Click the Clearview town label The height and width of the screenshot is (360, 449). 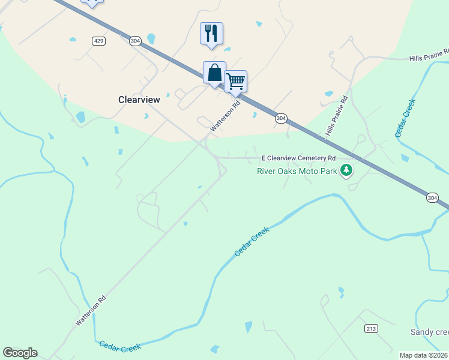click(139, 100)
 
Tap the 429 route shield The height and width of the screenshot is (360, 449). click(99, 40)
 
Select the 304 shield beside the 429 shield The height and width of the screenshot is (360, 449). click(135, 40)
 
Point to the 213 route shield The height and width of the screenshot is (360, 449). click(370, 328)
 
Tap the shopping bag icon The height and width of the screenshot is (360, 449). click(214, 73)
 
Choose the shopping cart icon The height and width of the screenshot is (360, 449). click(236, 81)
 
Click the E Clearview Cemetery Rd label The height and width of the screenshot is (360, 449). click(298, 158)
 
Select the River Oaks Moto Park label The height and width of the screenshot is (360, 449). click(297, 171)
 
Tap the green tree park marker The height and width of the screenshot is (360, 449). click(346, 171)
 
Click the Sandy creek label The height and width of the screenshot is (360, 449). click(429, 332)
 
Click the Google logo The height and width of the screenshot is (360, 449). click(20, 353)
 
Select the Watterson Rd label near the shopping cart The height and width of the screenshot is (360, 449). click(225, 116)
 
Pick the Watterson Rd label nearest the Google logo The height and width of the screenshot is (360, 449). click(91, 310)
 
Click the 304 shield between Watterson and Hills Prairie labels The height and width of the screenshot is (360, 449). click(281, 118)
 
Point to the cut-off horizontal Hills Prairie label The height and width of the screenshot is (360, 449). click(429, 56)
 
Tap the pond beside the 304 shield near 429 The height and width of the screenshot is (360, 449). click(151, 39)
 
